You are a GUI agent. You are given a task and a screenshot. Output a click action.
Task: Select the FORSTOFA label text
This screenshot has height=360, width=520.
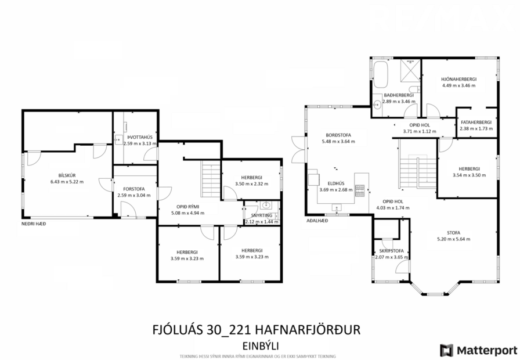133,188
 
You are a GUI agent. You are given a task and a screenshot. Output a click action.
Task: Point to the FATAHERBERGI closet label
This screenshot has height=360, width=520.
476,122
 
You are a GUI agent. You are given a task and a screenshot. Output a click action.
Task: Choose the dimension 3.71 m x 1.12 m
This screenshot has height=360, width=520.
419,131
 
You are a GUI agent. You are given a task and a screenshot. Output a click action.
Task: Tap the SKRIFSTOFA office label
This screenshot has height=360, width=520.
392,250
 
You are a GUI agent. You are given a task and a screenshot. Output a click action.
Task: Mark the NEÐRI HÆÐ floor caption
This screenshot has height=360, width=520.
34,224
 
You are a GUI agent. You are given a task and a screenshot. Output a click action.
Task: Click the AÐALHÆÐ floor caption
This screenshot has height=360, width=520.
317,221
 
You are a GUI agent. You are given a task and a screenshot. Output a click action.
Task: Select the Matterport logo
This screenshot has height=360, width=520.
478,350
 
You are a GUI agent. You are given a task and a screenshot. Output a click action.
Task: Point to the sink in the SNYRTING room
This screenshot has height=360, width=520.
266,205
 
